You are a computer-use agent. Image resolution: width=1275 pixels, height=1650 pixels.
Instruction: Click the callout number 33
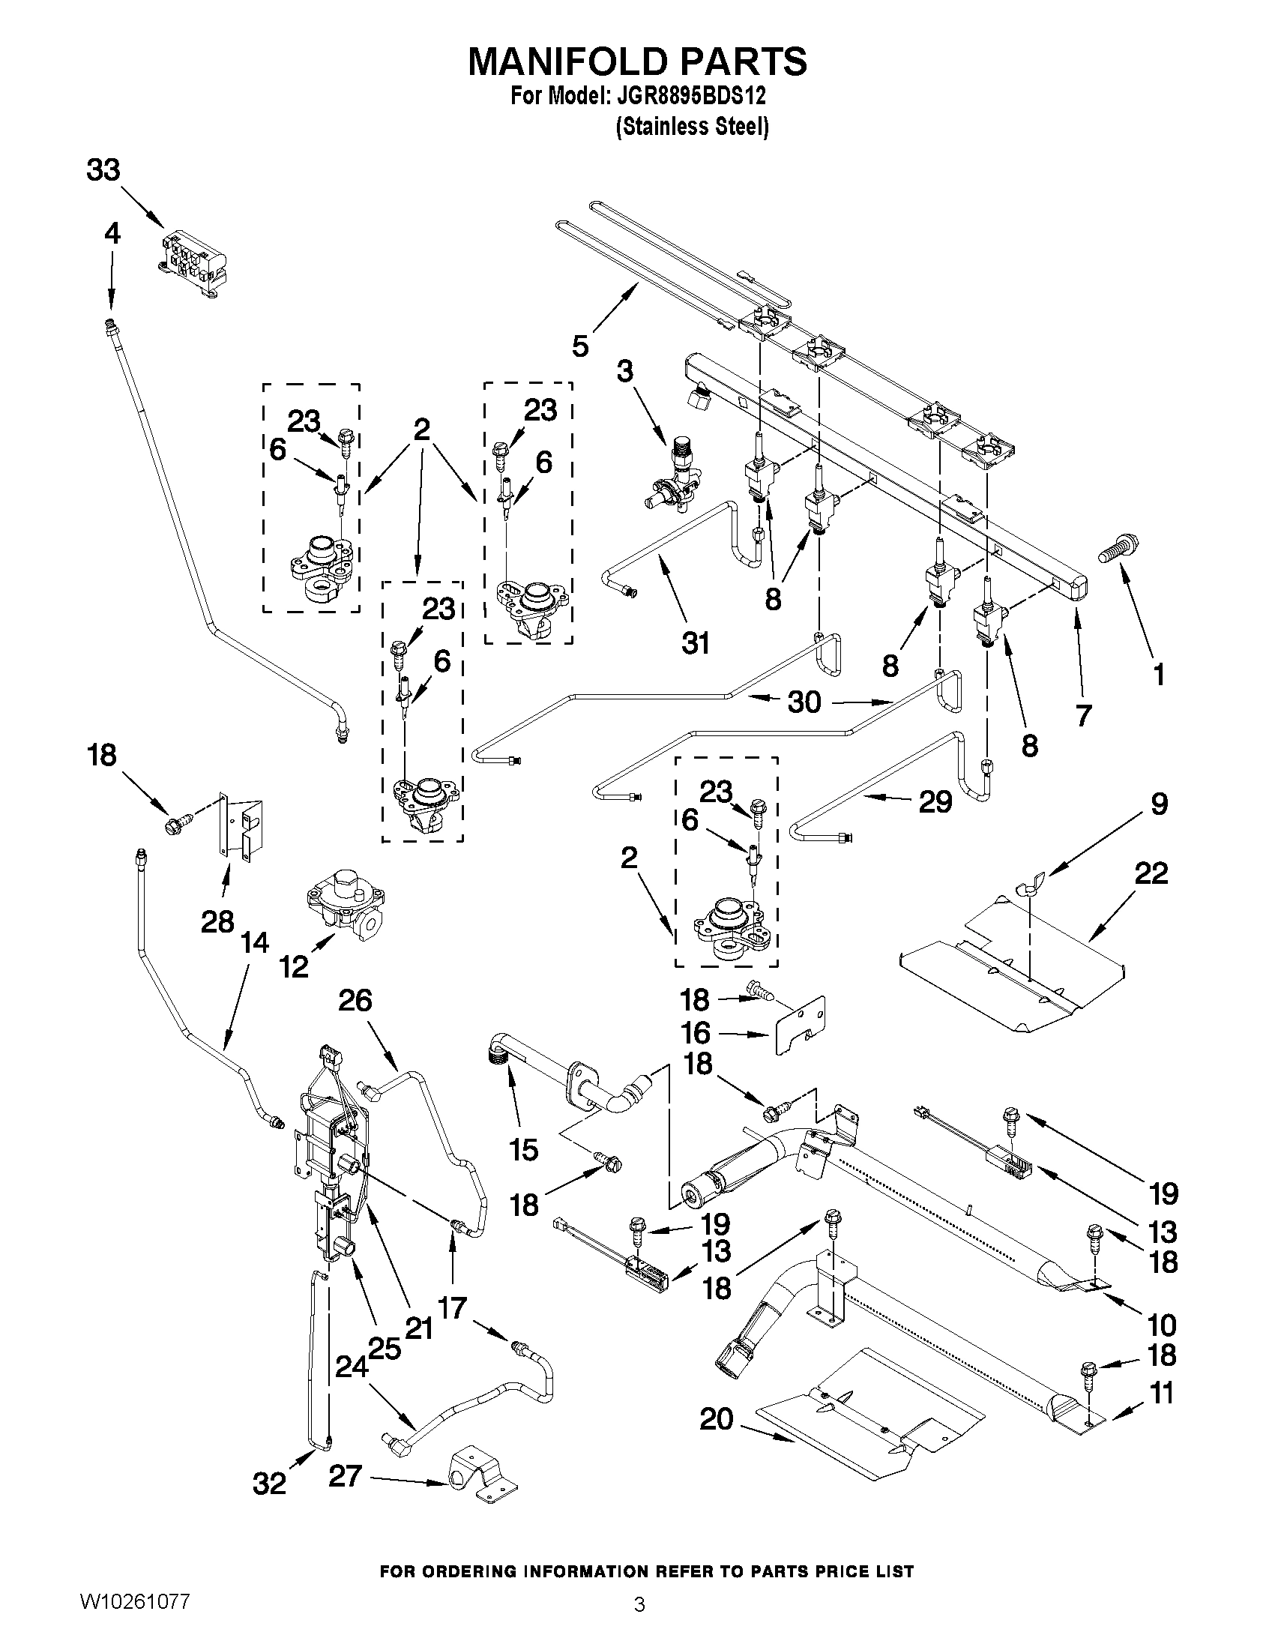pos(103,170)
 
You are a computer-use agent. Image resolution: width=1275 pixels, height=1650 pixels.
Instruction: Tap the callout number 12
pos(294,966)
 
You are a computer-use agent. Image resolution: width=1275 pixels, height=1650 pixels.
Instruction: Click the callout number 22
pos(1151,873)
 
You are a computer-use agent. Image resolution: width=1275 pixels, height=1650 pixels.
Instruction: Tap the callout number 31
pos(695,644)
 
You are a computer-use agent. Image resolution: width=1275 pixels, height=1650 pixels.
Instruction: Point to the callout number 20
pos(716,1419)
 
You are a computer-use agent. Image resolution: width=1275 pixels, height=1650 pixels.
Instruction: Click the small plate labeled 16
pos(798,1022)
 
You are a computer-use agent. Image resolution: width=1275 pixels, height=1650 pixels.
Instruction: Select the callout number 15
pos(523,1150)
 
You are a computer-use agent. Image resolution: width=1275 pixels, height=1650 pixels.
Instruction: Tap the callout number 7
pos(1083,714)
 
